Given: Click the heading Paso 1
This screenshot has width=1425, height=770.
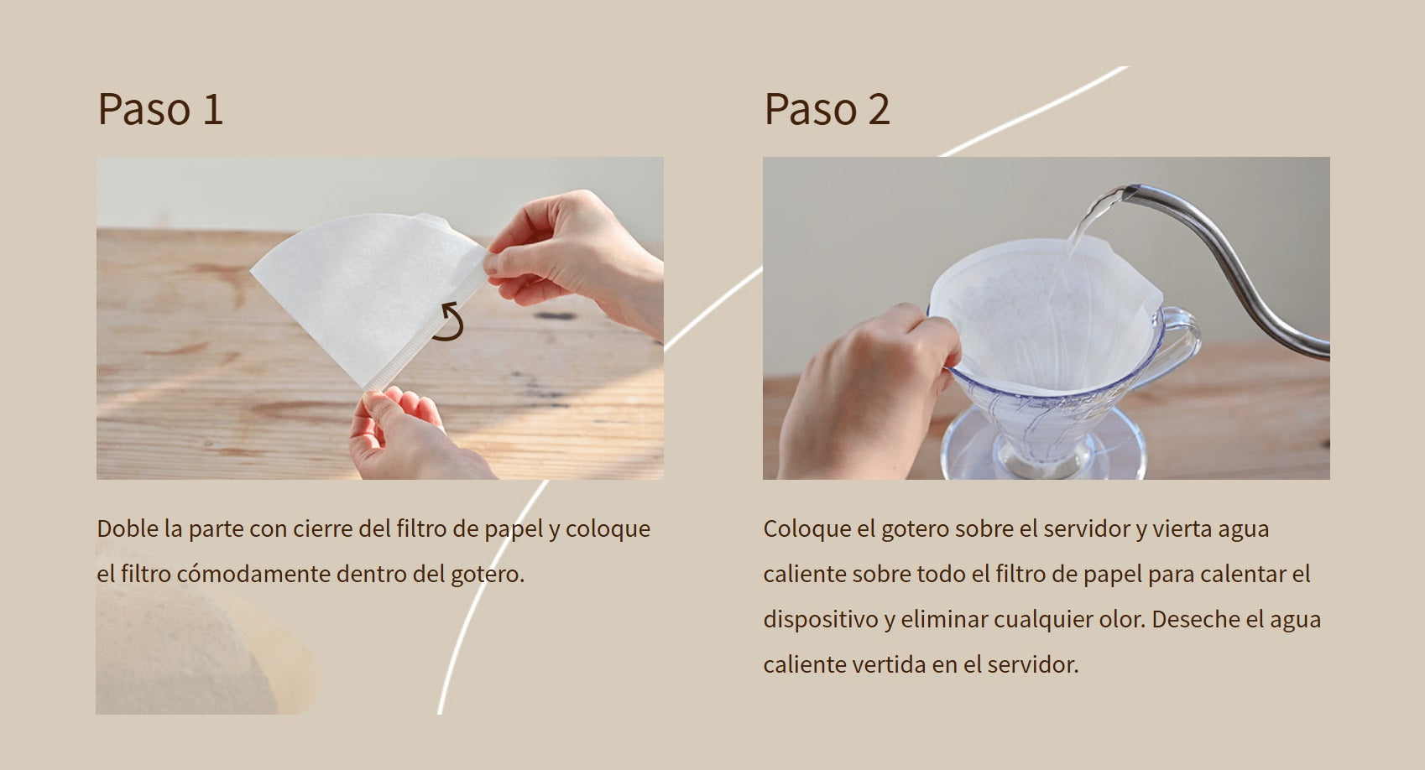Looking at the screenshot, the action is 160,109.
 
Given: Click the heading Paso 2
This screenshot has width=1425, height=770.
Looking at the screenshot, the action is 827,109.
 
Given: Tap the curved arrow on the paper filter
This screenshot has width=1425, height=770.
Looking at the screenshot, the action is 450,321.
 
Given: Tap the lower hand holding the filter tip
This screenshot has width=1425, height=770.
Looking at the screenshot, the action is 407,435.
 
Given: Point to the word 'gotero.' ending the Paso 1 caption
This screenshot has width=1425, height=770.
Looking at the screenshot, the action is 488,575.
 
